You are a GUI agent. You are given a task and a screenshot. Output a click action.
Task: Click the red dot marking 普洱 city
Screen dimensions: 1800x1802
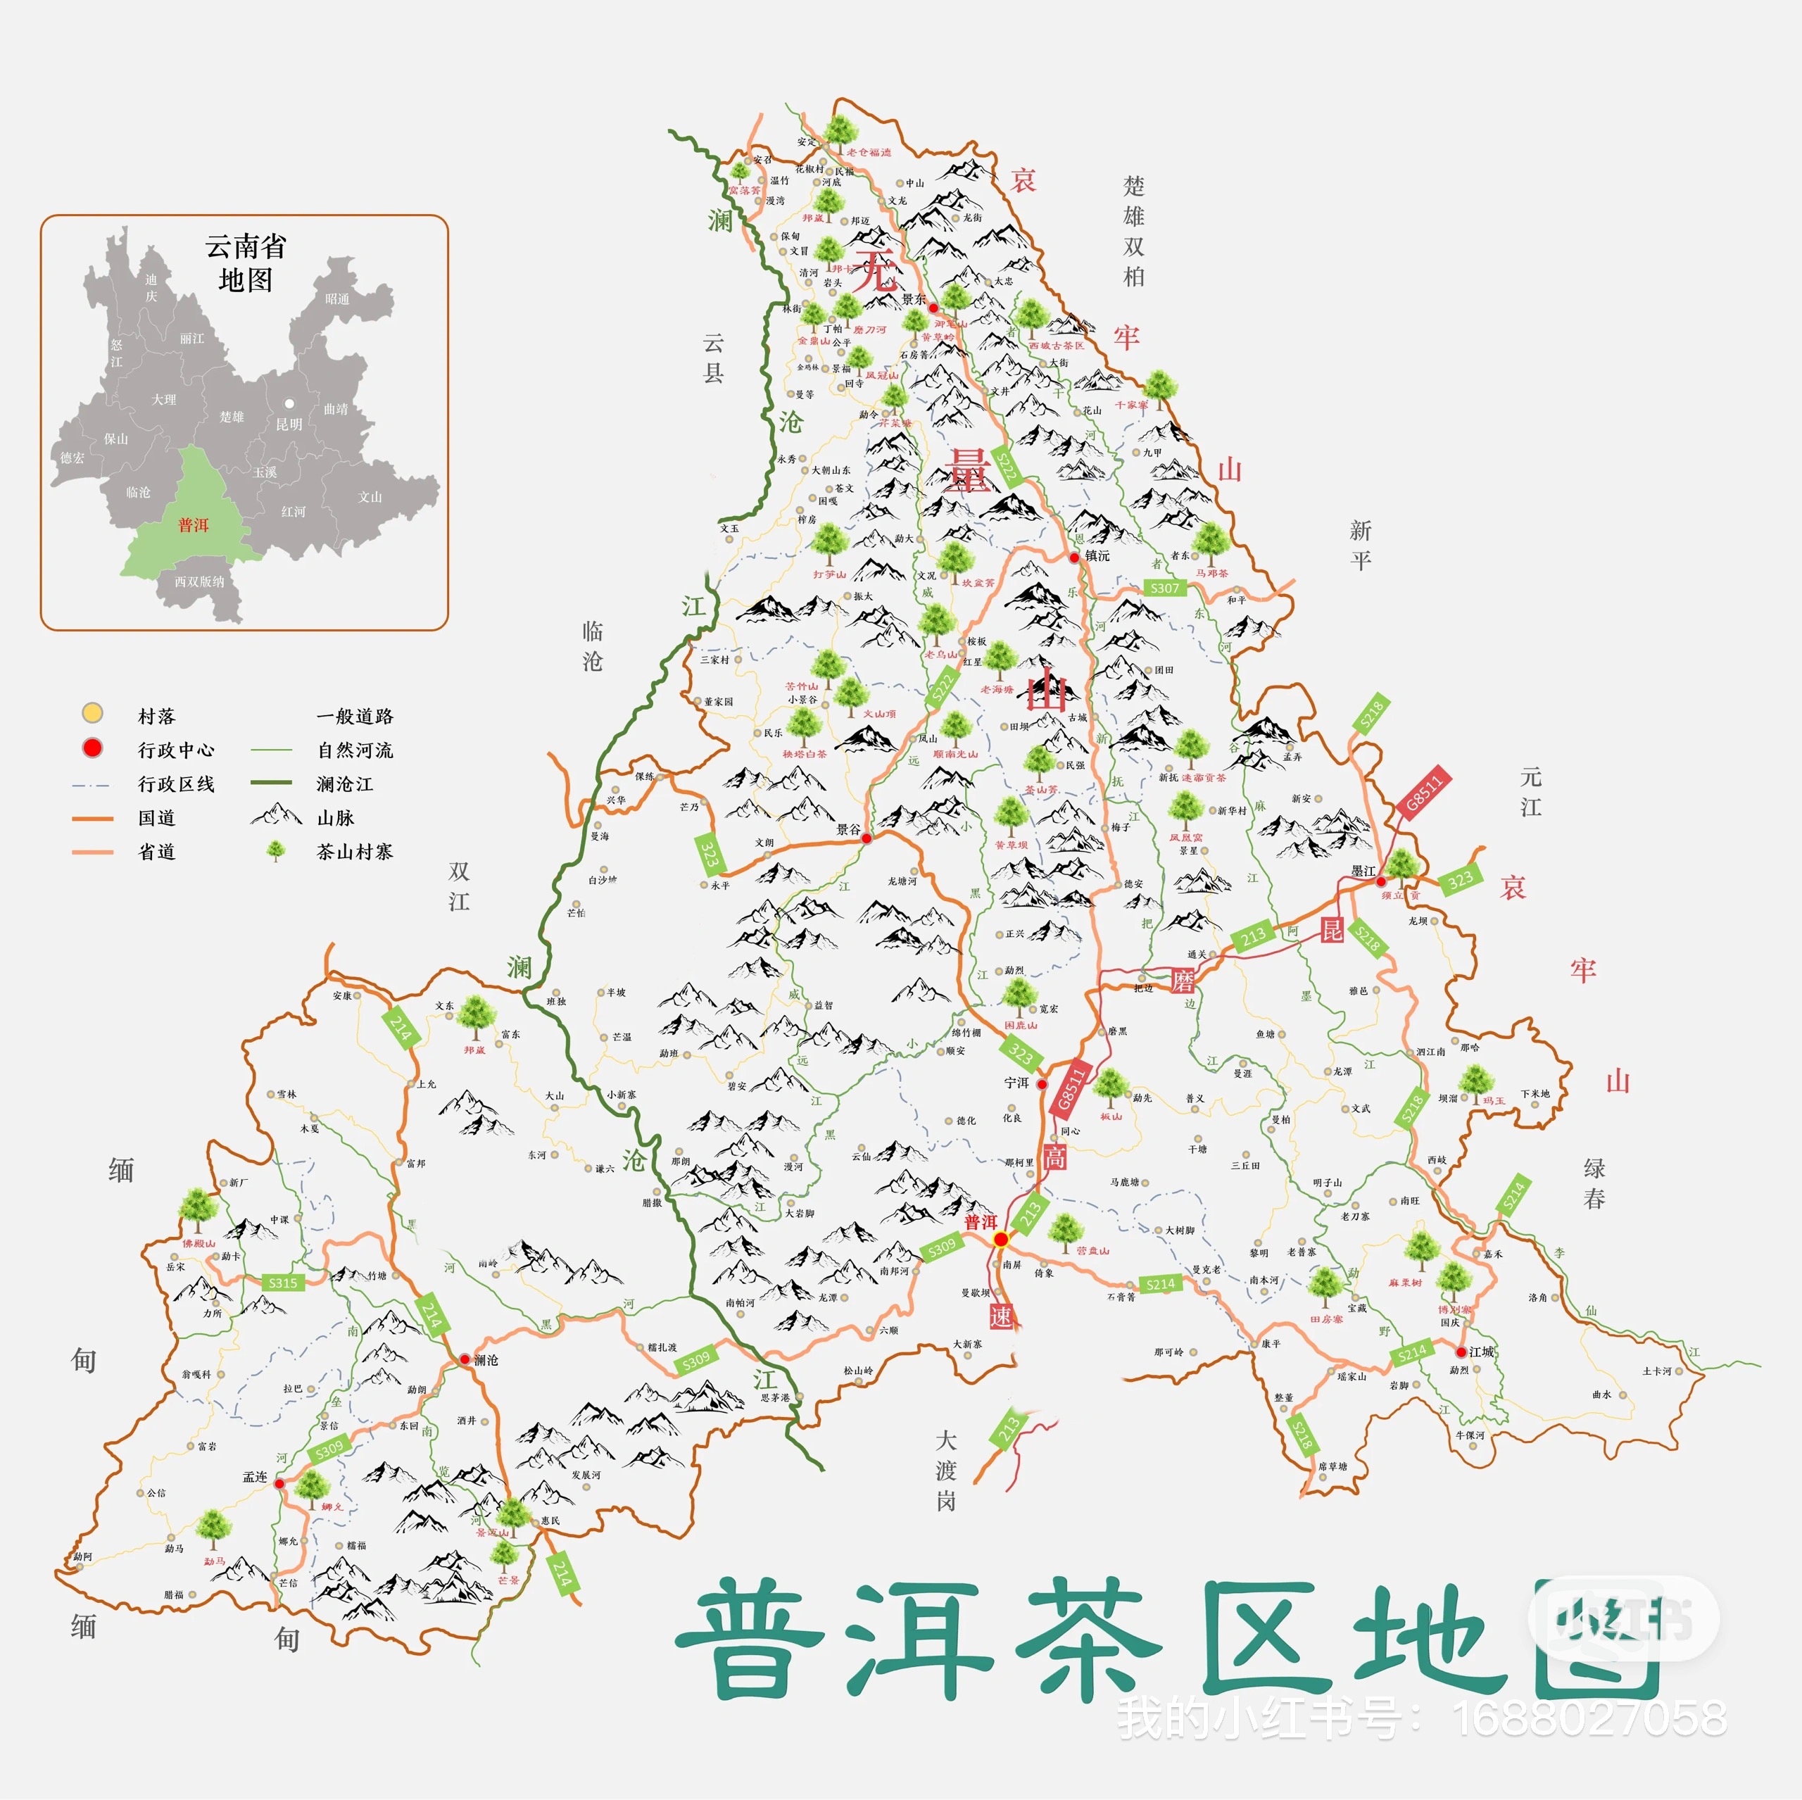tap(1001, 1238)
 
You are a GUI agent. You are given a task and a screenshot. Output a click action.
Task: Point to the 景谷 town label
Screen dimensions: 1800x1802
tap(848, 829)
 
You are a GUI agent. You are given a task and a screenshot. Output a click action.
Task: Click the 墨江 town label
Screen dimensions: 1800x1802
tap(1363, 871)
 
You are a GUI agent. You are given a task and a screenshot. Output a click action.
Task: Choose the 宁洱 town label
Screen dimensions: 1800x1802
tap(1016, 1083)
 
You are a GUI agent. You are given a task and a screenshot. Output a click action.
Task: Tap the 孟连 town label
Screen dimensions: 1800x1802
tap(255, 1476)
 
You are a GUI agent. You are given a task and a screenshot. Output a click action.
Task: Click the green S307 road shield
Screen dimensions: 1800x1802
tap(1164, 589)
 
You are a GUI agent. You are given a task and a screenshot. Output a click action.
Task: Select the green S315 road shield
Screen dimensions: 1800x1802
tap(282, 1283)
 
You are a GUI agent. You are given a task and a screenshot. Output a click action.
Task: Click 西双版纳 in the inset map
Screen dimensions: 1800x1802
tap(200, 581)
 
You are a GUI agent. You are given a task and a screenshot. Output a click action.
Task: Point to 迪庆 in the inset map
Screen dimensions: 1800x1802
tap(151, 287)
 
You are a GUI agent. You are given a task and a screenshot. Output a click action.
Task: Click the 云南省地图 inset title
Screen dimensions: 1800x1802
tap(245, 263)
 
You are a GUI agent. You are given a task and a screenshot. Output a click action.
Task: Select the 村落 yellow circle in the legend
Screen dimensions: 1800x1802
tap(92, 714)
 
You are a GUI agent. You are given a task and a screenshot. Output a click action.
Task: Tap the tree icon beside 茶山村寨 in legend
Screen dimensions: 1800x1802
tap(276, 850)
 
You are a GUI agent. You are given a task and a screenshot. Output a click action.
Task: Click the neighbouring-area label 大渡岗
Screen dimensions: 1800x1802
tap(946, 1471)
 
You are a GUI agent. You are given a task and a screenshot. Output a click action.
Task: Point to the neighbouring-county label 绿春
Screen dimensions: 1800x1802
tap(1594, 1183)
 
